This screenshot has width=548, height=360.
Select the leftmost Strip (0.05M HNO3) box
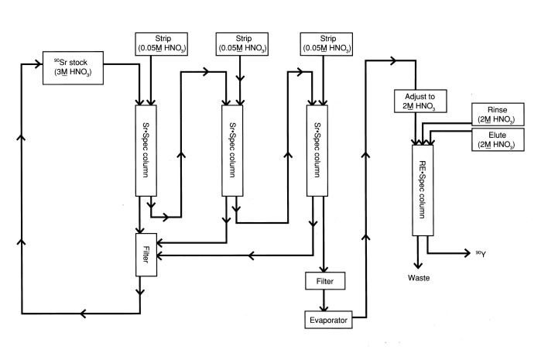click(x=159, y=43)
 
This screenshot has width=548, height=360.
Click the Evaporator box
click(x=325, y=318)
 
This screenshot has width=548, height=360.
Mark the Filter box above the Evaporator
click(x=324, y=280)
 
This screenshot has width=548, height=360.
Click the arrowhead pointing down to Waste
click(x=420, y=262)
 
